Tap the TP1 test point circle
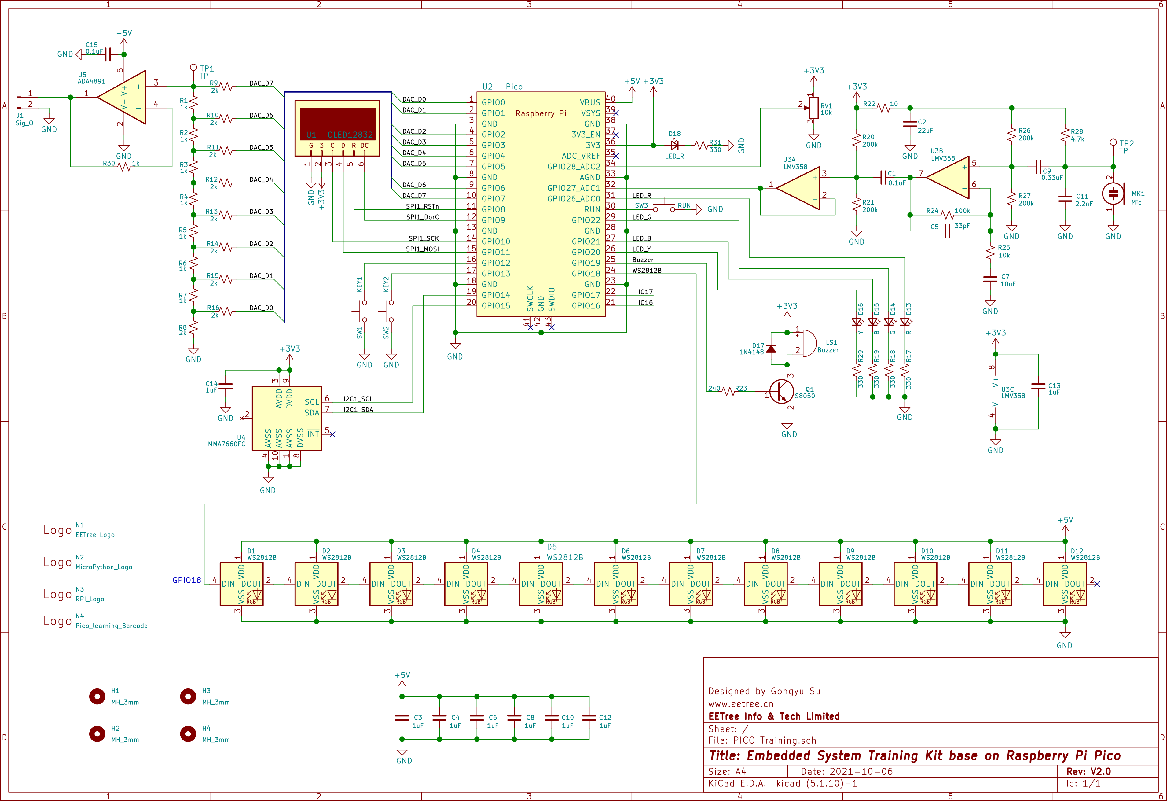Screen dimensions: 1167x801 (193, 67)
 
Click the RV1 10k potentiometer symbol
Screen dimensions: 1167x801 (813, 108)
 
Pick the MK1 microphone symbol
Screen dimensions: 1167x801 (1113, 194)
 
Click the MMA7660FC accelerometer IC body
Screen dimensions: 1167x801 (287, 418)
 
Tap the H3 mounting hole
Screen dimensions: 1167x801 (188, 696)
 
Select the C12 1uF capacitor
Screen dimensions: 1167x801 (589, 718)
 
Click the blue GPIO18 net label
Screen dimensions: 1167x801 (187, 580)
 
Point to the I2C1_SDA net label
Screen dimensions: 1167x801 (358, 410)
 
